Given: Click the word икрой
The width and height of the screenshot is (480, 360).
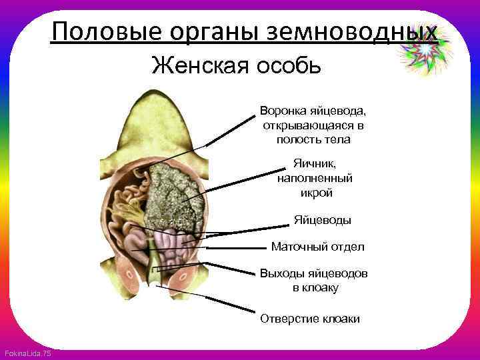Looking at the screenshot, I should coord(313,193).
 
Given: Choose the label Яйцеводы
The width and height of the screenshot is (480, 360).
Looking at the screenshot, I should coord(323,220).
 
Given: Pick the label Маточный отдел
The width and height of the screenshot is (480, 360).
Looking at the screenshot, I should coord(317,247).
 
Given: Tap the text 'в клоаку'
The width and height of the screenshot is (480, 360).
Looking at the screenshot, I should coord(315,288).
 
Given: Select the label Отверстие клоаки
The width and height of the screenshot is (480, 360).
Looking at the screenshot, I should coord(310,319).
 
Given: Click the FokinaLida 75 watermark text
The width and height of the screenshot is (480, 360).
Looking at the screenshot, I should coord(27,353).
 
